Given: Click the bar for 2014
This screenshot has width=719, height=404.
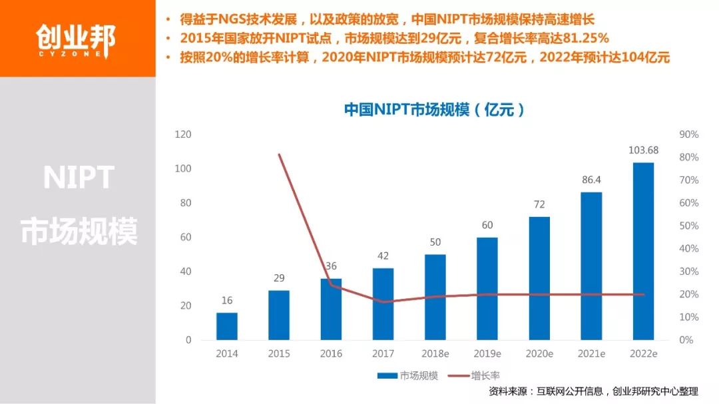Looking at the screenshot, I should click(227, 326).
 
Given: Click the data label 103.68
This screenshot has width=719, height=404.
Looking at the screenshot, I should click(643, 150).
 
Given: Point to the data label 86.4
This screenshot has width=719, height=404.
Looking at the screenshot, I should click(591, 180).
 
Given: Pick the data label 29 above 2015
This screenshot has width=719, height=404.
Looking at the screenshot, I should click(279, 278).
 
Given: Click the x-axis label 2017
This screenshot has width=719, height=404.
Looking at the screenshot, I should click(383, 353).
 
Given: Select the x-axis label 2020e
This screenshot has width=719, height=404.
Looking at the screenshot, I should click(539, 353).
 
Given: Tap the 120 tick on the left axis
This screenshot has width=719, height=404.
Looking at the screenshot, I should click(183, 134).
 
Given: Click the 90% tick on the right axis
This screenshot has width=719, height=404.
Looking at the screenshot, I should click(688, 134).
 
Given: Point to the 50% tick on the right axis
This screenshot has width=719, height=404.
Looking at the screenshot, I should click(688, 226).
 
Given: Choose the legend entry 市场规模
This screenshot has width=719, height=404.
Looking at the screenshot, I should click(407, 375).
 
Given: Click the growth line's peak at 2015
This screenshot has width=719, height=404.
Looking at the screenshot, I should click(279, 154).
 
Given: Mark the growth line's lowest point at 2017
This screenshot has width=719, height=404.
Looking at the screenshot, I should click(383, 302).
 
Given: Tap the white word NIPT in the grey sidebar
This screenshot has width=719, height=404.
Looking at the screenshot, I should click(79, 178).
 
